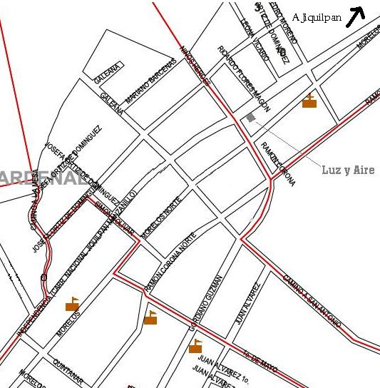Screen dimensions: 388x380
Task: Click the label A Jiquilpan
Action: pos(316,17)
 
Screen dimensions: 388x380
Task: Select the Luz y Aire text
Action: pos(348,170)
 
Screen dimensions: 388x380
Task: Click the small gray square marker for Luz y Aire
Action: pos(250,117)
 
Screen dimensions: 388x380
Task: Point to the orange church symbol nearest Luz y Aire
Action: pos(309,101)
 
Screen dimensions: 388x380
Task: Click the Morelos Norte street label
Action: pos(162,217)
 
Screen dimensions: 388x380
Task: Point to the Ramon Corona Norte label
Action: pos(171,265)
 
